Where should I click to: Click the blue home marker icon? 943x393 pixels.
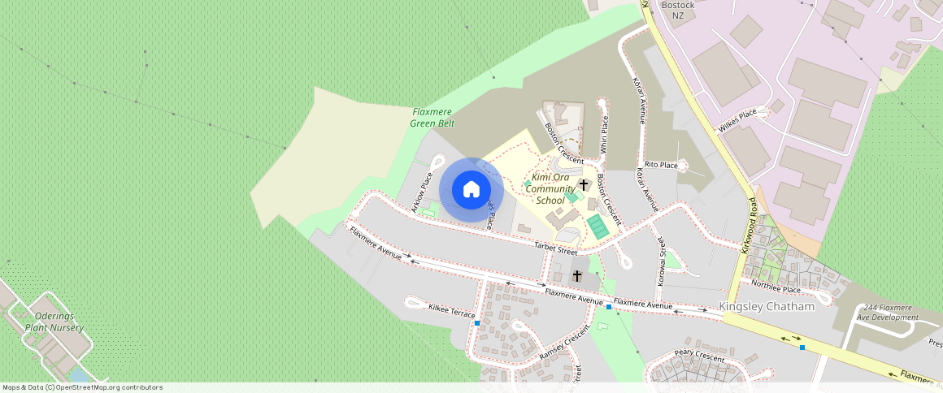tap(471, 189)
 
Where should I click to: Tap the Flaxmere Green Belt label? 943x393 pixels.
tap(432, 117)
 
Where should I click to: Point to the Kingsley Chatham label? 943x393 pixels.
tap(767, 307)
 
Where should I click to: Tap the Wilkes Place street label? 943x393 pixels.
tap(737, 121)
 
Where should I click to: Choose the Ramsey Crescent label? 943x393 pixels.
tap(563, 344)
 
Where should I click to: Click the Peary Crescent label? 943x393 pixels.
tap(698, 356)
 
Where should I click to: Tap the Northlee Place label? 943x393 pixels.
tap(776, 288)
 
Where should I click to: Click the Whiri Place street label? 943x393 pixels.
tap(604, 135)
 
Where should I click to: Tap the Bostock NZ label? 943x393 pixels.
tap(678, 10)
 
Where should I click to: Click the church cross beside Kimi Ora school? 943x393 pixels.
tap(584, 185)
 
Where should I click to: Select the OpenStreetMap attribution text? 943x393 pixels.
tap(82, 387)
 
